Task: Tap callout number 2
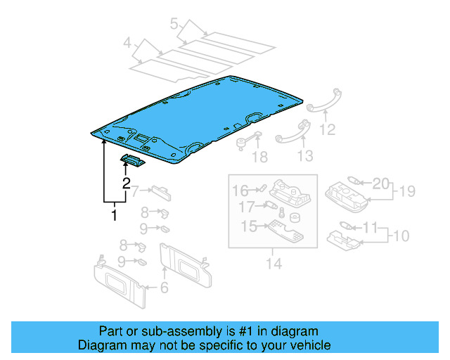pyautogui.click(x=127, y=185)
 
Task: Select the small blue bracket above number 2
pyautogui.click(x=132, y=162)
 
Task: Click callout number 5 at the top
pyautogui.click(x=174, y=25)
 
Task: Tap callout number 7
pyautogui.click(x=135, y=190)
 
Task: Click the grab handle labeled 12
pyautogui.click(x=323, y=98)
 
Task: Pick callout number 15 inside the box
pyautogui.click(x=250, y=226)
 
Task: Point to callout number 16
pyautogui.click(x=240, y=190)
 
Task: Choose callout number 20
pyautogui.click(x=380, y=184)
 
